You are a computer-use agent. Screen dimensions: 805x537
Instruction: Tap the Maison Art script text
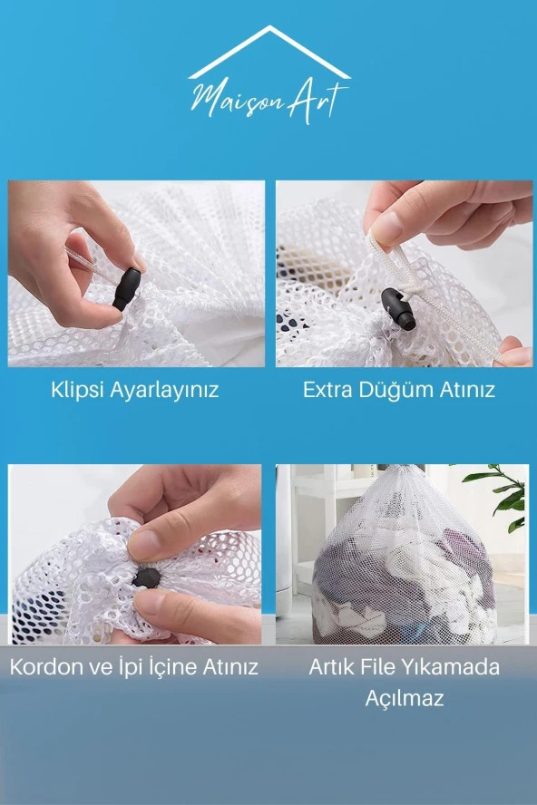(x=268, y=98)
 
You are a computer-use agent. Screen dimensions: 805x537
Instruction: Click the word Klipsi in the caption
(x=77, y=391)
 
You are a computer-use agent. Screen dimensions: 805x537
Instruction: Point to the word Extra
(x=328, y=391)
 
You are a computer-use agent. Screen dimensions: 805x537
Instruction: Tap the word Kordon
(x=45, y=668)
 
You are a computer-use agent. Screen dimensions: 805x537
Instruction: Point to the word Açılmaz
(x=404, y=700)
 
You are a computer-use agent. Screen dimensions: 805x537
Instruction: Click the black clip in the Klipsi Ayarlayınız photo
(x=126, y=288)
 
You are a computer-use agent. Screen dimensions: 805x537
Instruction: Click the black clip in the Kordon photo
(x=145, y=578)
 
